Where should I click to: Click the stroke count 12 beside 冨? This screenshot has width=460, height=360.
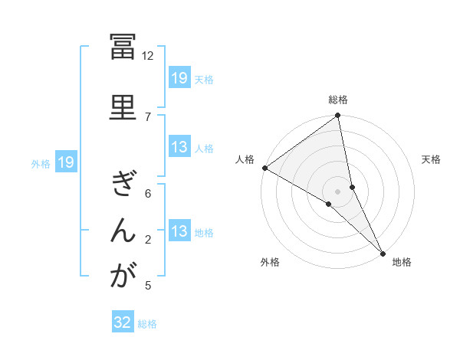(x=148, y=55)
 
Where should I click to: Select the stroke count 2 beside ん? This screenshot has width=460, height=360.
(x=148, y=240)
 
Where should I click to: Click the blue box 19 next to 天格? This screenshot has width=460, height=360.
(x=179, y=77)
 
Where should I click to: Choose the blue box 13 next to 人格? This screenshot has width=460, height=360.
(x=179, y=148)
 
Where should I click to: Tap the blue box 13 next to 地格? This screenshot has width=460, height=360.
(x=179, y=232)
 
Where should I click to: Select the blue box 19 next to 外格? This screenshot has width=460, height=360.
(x=65, y=162)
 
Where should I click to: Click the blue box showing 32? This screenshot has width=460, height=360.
(x=123, y=322)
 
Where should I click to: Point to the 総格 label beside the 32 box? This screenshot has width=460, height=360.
(x=147, y=324)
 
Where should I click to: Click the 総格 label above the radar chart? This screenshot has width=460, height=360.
(x=338, y=100)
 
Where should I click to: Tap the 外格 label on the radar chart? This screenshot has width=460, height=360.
(x=270, y=262)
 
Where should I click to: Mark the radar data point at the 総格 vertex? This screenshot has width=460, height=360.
(x=337, y=116)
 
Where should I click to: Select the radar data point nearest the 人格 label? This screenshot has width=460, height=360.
(x=264, y=168)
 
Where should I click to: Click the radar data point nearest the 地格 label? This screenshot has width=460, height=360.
(x=383, y=251)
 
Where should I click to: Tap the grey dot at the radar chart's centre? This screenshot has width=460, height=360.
(x=337, y=190)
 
